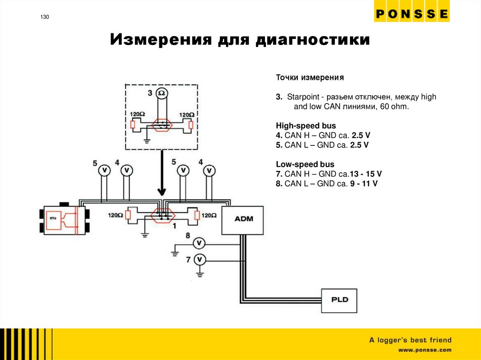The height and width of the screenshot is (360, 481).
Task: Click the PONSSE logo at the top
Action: click(x=411, y=15)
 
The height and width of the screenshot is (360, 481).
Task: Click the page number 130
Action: click(x=45, y=17)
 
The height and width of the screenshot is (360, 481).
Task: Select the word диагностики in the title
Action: click(x=312, y=39)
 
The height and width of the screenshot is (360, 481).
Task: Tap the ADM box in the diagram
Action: click(x=242, y=219)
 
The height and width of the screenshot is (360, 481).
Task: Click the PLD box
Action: click(x=339, y=299)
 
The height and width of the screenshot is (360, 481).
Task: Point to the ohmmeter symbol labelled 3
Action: click(x=162, y=93)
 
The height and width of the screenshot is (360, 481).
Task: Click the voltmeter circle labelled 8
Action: click(x=200, y=243)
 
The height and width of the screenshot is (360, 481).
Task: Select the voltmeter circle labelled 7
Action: click(x=200, y=259)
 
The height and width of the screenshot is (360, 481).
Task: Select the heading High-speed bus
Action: click(x=306, y=126)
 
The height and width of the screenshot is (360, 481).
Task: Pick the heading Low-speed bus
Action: click(x=305, y=164)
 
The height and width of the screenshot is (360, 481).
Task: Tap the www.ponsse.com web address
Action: click(x=425, y=350)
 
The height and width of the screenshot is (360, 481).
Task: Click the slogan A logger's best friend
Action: click(x=410, y=340)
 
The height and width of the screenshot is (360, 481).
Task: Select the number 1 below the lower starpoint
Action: click(x=174, y=226)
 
